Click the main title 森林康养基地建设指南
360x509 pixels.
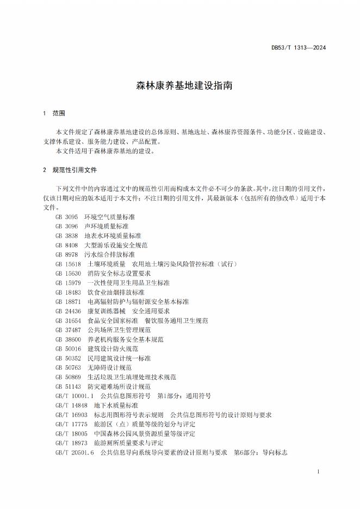pos(179,86)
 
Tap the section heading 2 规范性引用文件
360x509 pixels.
pos(70,170)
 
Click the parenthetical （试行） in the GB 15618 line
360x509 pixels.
pos(229,264)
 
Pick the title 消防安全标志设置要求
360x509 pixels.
pos(119,273)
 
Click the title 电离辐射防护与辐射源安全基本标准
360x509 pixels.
pos(138,301)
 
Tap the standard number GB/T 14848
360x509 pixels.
pos(72,405)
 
